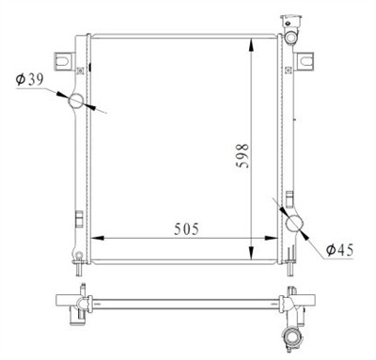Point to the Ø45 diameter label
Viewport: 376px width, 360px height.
(342, 249)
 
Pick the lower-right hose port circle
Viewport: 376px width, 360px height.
(296, 222)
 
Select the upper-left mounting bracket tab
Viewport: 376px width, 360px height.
(63, 60)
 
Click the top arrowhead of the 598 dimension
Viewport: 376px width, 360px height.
(252, 43)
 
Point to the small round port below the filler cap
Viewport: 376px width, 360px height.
(293, 37)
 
